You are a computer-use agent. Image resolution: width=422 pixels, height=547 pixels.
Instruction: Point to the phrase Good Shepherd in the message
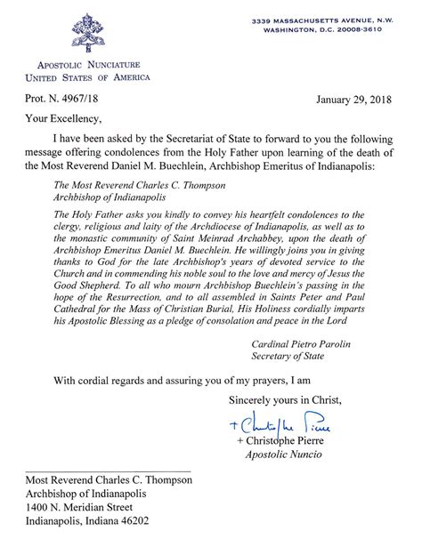(x=96, y=272)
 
